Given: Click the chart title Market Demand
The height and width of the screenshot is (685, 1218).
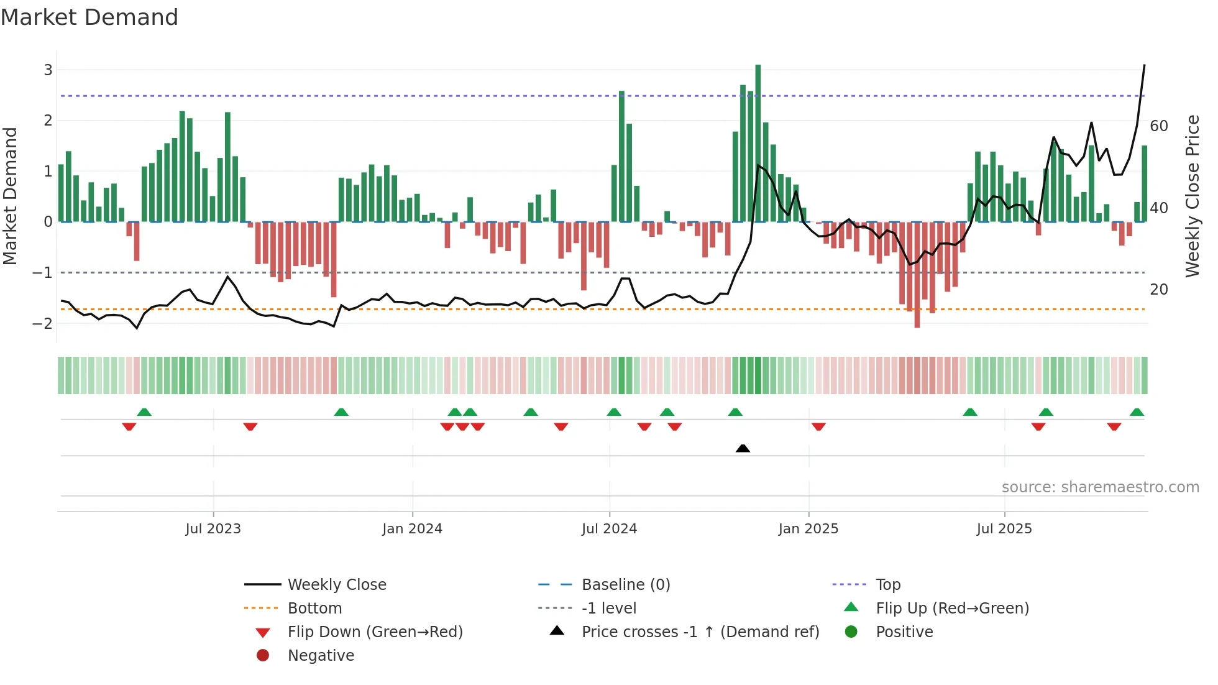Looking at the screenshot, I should point(89,17).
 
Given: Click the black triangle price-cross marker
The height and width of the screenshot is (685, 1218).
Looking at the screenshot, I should point(743,448).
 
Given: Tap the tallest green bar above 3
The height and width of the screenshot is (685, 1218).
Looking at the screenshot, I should point(758,143).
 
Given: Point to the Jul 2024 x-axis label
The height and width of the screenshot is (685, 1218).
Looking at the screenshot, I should point(609,529).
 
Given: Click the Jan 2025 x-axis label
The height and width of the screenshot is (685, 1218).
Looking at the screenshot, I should point(808,529).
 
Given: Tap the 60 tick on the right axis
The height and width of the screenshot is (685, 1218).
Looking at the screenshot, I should point(1159,126).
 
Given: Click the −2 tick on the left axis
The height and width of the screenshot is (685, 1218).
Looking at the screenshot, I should point(43,324).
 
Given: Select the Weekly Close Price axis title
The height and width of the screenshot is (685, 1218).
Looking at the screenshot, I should point(1192,196).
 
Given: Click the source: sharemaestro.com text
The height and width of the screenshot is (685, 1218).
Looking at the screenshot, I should point(1100,487).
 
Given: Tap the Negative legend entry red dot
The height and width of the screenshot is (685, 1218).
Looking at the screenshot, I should point(263,656).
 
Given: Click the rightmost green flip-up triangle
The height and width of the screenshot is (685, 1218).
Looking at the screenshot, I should point(1137,412).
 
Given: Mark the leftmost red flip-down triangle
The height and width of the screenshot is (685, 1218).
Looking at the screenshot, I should point(129,426).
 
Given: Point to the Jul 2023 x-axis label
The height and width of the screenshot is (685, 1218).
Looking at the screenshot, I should point(213,529).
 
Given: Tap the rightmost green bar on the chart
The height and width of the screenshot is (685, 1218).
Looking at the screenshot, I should point(1145,183).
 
